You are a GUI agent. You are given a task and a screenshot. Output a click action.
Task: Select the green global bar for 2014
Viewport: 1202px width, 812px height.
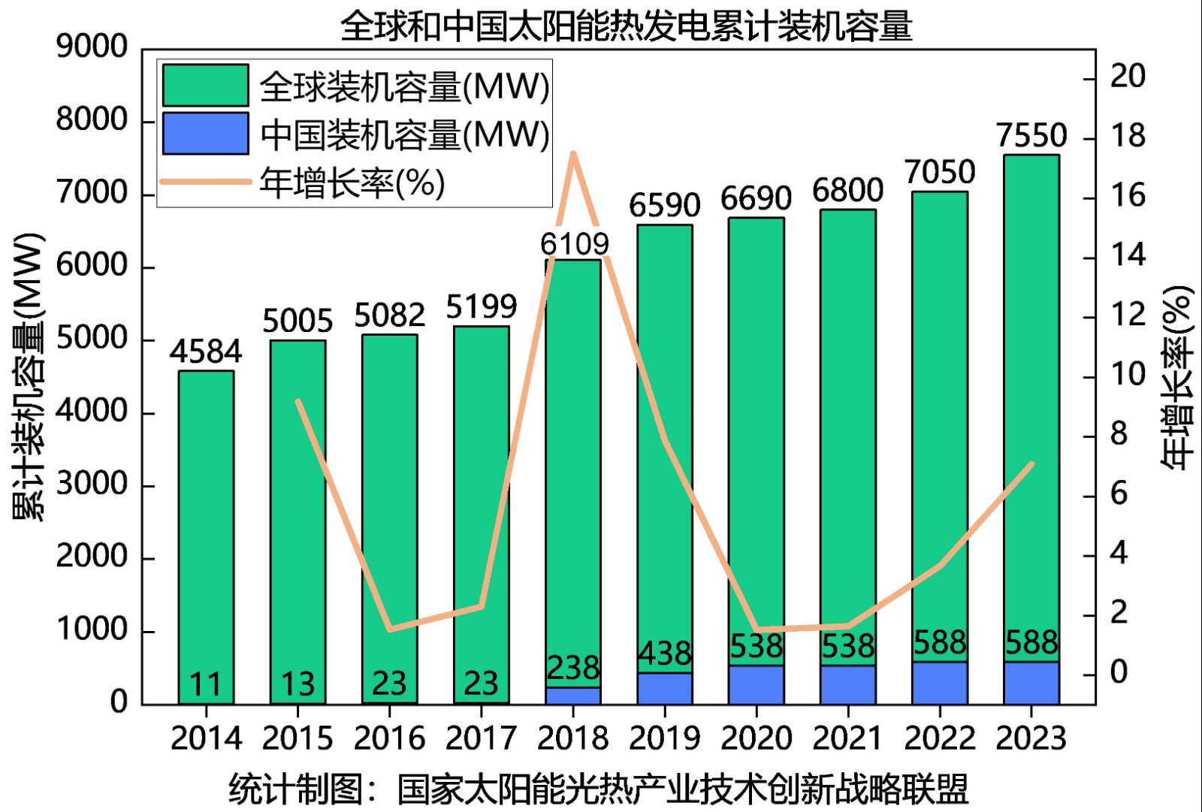click(206, 526)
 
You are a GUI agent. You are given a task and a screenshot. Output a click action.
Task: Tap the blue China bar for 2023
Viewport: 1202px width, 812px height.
click(1031, 683)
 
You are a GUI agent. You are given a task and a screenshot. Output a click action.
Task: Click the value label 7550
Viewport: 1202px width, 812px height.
click(1031, 136)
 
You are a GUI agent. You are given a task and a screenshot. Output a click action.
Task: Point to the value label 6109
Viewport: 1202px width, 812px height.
click(574, 244)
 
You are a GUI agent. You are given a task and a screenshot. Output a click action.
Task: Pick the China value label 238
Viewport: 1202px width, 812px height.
click(572, 668)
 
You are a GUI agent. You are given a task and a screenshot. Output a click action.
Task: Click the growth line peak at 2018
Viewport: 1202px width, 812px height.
click(573, 154)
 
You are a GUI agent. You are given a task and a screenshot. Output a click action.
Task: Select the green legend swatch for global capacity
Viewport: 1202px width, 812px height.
click(205, 85)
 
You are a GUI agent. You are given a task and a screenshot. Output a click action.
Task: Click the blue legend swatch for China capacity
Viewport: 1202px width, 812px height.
click(205, 134)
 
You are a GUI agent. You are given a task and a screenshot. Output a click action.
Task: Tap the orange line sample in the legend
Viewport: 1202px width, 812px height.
click(205, 182)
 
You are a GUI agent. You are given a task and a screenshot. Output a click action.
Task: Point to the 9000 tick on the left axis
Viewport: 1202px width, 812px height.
click(92, 47)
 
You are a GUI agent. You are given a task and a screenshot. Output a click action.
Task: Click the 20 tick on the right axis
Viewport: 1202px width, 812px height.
click(1127, 77)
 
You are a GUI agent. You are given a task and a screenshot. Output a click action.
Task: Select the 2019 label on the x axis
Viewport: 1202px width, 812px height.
click(664, 738)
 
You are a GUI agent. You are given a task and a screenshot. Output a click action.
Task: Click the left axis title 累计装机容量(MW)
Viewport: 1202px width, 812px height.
click(29, 376)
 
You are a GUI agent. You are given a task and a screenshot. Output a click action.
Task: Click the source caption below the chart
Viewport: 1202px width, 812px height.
click(598, 789)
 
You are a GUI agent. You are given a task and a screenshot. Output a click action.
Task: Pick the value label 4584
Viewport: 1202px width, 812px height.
click(205, 352)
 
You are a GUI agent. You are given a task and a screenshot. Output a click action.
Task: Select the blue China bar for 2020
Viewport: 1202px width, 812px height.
click(757, 684)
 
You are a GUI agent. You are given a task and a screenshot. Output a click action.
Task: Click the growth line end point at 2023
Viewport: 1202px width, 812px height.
click(1032, 464)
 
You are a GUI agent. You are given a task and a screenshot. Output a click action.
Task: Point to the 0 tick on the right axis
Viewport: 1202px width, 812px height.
click(1118, 672)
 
